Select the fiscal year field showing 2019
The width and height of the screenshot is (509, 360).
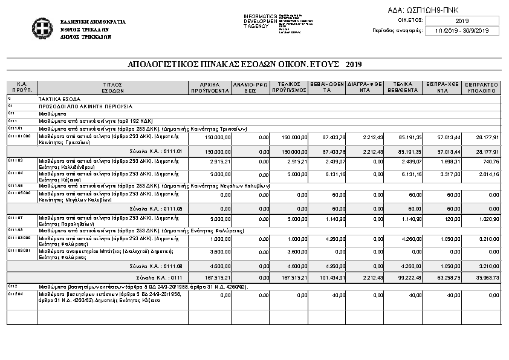tap(462, 21)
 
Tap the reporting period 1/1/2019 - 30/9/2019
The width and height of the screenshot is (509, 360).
tap(462, 30)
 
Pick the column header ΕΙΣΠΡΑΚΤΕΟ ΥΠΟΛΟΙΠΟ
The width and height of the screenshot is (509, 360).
tap(482, 87)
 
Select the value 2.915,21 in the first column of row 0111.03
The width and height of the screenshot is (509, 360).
tap(221, 162)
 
